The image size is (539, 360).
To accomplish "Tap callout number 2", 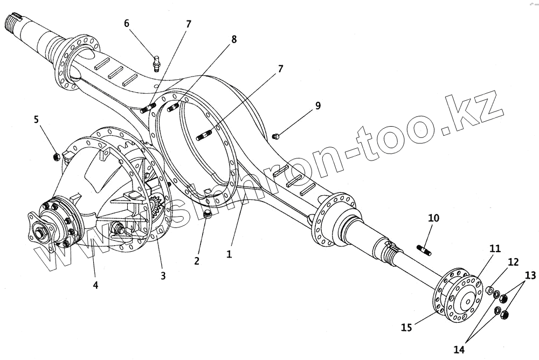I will [x=197, y=261].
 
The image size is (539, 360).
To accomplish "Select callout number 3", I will [x=162, y=275].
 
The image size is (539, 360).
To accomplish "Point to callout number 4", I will [x=95, y=285].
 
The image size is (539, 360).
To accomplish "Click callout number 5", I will [x=36, y=119].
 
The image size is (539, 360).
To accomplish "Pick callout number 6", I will [x=127, y=23].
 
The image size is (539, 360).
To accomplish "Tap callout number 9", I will [x=318, y=106].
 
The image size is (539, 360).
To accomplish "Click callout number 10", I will [x=433, y=218].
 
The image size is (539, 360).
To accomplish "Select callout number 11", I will [x=495, y=248].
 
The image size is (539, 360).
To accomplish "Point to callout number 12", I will [x=513, y=262].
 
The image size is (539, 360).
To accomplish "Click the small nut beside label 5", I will [x=55, y=157].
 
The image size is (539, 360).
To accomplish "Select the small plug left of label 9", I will [x=275, y=136].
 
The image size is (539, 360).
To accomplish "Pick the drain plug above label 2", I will [x=207, y=216].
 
